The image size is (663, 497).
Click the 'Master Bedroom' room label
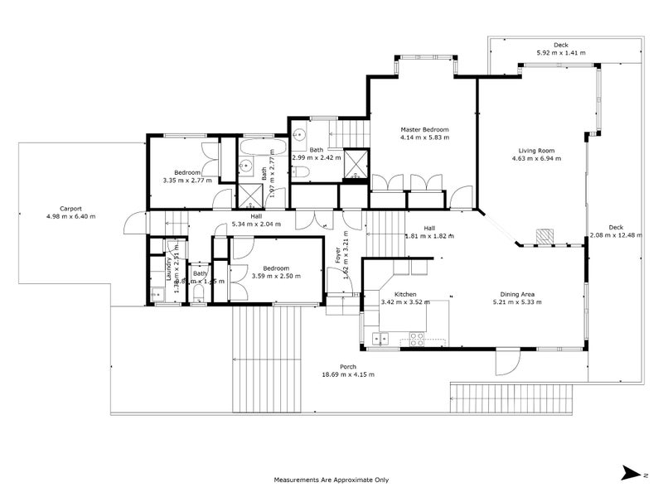click(x=424, y=130)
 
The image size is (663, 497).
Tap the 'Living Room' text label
click(x=532, y=151)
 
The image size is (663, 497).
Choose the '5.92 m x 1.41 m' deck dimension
click(x=560, y=53)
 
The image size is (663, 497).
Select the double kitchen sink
click(x=381, y=337)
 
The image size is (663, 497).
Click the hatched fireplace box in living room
click(x=544, y=236)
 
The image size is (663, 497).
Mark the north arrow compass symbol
click(x=634, y=473)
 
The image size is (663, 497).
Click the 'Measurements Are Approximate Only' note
click(x=331, y=480)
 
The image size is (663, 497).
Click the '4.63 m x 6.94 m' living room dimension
click(x=532, y=158)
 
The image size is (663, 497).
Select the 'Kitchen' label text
click(x=404, y=295)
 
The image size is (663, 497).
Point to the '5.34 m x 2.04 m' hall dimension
click(x=257, y=224)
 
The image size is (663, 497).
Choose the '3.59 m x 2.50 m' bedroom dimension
click(x=276, y=276)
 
